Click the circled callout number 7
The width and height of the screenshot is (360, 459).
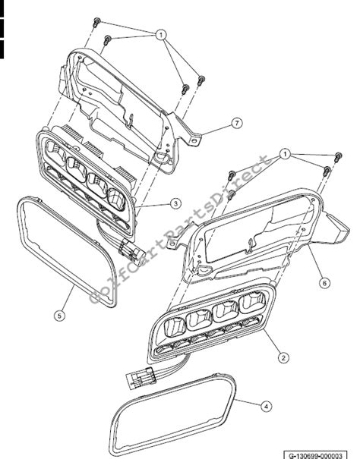[238, 123]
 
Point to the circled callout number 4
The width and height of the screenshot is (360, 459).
[265, 406]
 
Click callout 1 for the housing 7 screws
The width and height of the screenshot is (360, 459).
[160, 35]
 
